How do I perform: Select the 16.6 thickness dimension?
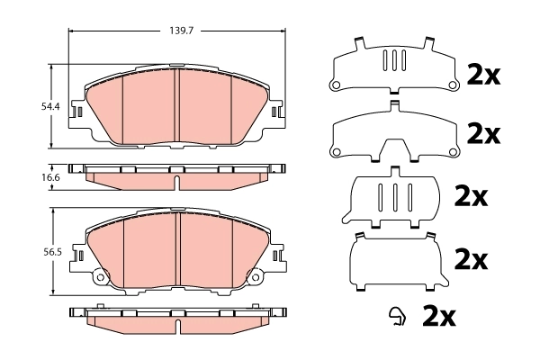click(x=50, y=177)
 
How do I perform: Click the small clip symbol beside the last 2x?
click(x=395, y=316)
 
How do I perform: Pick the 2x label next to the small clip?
click(x=440, y=316)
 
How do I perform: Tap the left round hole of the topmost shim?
click(x=337, y=85)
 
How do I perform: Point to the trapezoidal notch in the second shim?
click(x=392, y=149)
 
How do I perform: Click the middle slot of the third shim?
click(x=392, y=197)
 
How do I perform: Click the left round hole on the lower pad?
click(x=101, y=277)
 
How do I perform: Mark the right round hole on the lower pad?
click(x=255, y=277)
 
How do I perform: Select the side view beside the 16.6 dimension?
click(x=178, y=175)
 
